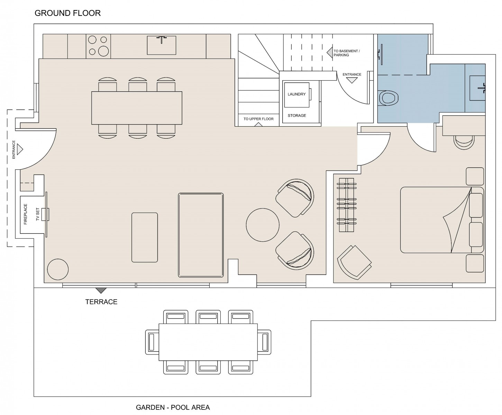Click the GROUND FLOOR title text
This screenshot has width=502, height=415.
click(67, 13)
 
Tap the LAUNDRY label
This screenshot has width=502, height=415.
click(296, 94)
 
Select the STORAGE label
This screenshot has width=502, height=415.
click(297, 116)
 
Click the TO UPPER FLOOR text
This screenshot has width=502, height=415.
click(258, 119)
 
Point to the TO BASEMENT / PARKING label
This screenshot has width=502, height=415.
click(346, 53)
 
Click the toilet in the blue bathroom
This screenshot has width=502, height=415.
click(387, 98)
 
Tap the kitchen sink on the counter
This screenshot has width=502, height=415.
click(161, 45)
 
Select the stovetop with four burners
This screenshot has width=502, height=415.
click(98, 46)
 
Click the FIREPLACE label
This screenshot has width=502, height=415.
click(26, 214)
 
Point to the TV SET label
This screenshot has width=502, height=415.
click(37, 214)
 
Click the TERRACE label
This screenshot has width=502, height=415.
click(101, 302)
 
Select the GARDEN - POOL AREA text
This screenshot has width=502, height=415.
click(173, 407)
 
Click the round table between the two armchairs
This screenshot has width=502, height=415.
click(263, 225)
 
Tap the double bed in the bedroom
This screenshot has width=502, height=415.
click(442, 220)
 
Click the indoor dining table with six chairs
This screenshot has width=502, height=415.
click(137, 108)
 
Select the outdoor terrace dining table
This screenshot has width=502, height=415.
click(208, 342)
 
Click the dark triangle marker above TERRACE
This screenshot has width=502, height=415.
click(101, 290)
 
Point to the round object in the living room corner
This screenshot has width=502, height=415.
click(58, 269)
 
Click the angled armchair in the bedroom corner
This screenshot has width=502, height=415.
click(354, 262)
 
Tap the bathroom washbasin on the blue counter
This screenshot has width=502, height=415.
click(477, 88)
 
